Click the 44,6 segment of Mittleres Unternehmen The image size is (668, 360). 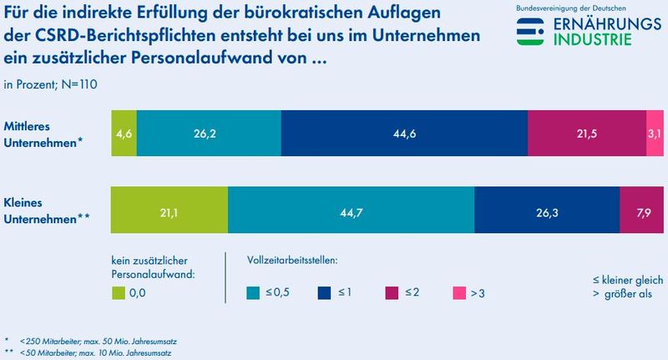(x=404, y=134)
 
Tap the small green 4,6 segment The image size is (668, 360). (x=124, y=134)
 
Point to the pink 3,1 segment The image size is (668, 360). (x=655, y=134)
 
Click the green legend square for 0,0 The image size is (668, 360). (x=119, y=292)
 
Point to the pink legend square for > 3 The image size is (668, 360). (x=458, y=292)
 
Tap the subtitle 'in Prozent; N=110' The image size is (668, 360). (x=51, y=84)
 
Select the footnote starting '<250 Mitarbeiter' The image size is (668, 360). (x=98, y=342)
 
